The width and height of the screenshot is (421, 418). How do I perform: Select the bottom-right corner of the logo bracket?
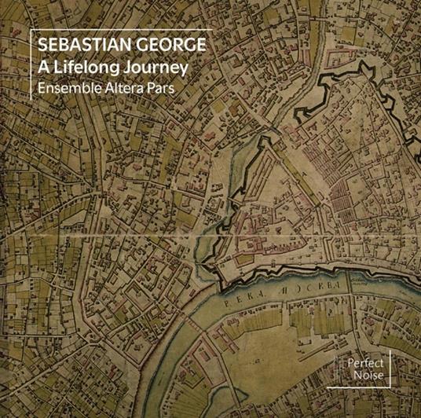pyautogui.click(x=390, y=388)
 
